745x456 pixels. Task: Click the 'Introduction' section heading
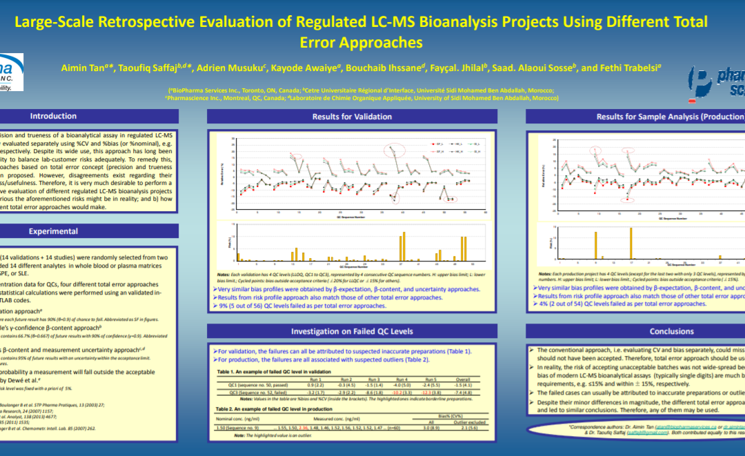pos(53,116)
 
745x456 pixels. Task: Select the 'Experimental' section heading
pos(53,231)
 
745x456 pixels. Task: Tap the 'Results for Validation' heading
pos(352,117)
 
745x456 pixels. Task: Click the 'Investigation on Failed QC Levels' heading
pos(352,331)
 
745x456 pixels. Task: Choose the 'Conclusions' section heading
pos(671,331)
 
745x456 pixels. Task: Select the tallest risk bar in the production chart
pos(631,241)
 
